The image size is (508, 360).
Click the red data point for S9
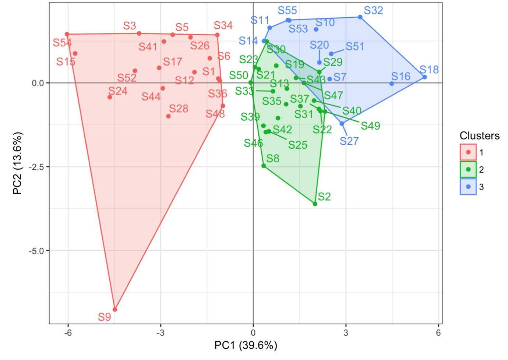tap(115, 310)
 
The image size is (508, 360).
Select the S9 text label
tap(104, 317)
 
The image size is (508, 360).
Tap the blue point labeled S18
tap(424, 77)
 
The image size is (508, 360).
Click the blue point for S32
tap(360, 17)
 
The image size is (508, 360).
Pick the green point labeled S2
tap(315, 204)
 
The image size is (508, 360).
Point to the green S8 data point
tap(264, 166)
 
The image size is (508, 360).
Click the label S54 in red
tap(62, 43)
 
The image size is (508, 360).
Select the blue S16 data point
tap(392, 84)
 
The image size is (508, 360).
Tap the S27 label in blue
tap(349, 141)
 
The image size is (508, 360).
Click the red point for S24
tap(110, 97)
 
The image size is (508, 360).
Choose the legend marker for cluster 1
tap(468, 152)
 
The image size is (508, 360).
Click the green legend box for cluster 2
tap(468, 169)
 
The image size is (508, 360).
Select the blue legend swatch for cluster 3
tap(468, 187)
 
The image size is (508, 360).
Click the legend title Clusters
tap(479, 136)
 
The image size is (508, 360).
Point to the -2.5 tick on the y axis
tap(36, 167)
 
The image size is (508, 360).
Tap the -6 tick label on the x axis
tap(68, 333)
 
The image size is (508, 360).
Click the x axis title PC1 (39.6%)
tap(246, 346)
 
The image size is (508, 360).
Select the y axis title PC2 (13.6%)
tap(18, 163)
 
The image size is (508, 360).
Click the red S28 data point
tap(168, 116)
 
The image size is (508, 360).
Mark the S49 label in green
tap(370, 126)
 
